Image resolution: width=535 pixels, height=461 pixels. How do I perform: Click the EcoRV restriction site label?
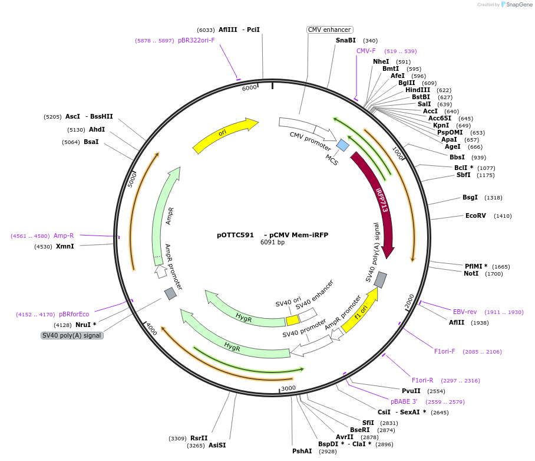point(475,215)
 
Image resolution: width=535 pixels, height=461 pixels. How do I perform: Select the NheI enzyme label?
point(381,61)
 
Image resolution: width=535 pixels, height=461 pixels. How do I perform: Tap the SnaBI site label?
point(346,40)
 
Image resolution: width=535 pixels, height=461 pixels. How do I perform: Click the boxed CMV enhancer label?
point(329,30)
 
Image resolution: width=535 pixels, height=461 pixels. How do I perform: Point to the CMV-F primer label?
point(366,51)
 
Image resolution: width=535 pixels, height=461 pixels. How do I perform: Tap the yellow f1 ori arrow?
point(360,310)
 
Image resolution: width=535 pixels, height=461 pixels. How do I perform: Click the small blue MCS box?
point(342,145)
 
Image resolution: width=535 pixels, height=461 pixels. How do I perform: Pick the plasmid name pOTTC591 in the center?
point(235,234)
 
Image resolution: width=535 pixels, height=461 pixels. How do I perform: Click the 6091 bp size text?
point(272,242)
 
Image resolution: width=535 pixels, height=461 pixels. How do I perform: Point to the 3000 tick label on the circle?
point(288,388)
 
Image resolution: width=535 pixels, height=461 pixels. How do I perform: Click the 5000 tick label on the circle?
point(133,178)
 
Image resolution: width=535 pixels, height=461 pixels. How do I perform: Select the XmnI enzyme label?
point(65,246)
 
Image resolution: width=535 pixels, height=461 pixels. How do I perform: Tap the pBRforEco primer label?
point(74,314)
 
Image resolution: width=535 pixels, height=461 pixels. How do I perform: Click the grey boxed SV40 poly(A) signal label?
point(72,335)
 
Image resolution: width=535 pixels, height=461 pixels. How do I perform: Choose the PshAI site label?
point(302,451)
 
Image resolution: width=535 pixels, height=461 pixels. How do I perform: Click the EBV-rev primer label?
point(464,312)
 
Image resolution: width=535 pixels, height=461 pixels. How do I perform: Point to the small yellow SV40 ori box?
point(292,320)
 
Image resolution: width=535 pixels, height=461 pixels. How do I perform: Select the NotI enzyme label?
point(471,273)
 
